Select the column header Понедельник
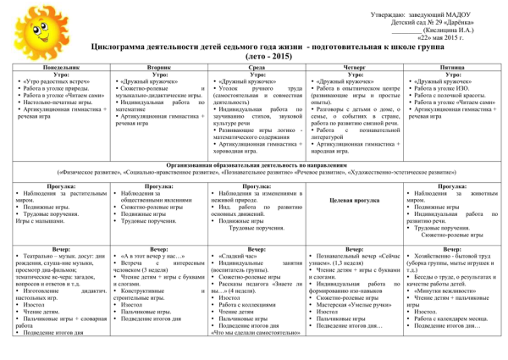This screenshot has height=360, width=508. coord(62,64)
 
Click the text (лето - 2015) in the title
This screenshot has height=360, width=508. coord(254,54)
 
